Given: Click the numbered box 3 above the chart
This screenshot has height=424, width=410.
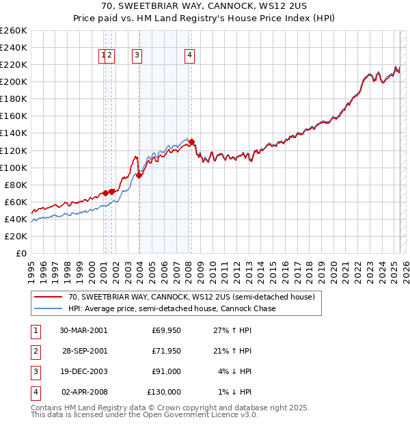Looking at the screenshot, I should coord(137,56).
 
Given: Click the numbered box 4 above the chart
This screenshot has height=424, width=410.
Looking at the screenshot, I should coord(189,56).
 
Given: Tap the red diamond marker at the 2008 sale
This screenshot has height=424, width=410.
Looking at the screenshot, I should coord(192,142).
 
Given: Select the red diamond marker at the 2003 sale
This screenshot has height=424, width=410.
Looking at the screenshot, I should coord(139,175).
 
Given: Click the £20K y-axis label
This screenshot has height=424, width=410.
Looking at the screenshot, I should coord(16,236).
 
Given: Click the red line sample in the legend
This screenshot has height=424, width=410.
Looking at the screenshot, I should coord(48,297).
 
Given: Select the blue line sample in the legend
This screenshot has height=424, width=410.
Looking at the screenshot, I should coord(48,308).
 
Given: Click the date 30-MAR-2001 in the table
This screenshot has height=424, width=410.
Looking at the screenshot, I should coord(83,330).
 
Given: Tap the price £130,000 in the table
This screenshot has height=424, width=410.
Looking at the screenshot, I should coord(165,392).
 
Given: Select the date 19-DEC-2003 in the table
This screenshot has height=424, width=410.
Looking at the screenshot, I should coord(83,371).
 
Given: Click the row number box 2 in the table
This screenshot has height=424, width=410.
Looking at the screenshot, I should coord(35,351).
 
